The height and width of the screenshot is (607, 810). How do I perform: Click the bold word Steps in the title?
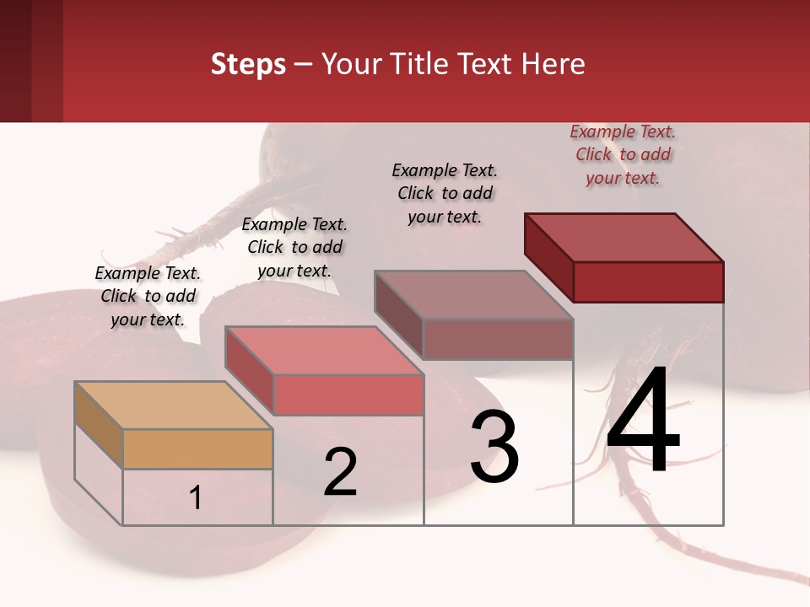(248, 64)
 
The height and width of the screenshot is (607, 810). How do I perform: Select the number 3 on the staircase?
(494, 447)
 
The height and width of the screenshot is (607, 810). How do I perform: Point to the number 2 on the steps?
(341, 472)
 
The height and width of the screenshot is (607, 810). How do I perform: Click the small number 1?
(196, 497)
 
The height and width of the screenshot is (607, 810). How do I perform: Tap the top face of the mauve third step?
(474, 295)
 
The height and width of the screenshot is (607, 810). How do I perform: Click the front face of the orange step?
(197, 449)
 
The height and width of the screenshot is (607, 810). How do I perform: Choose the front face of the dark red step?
(648, 282)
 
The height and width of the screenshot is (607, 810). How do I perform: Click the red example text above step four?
(623, 154)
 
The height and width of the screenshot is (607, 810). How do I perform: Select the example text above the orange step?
(148, 296)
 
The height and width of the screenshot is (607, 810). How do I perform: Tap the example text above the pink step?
(294, 247)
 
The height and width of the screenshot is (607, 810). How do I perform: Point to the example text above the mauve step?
(445, 193)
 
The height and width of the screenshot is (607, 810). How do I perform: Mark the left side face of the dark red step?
(548, 256)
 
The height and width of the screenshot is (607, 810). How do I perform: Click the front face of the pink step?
(348, 395)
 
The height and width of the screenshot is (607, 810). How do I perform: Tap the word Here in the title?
(553, 64)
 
